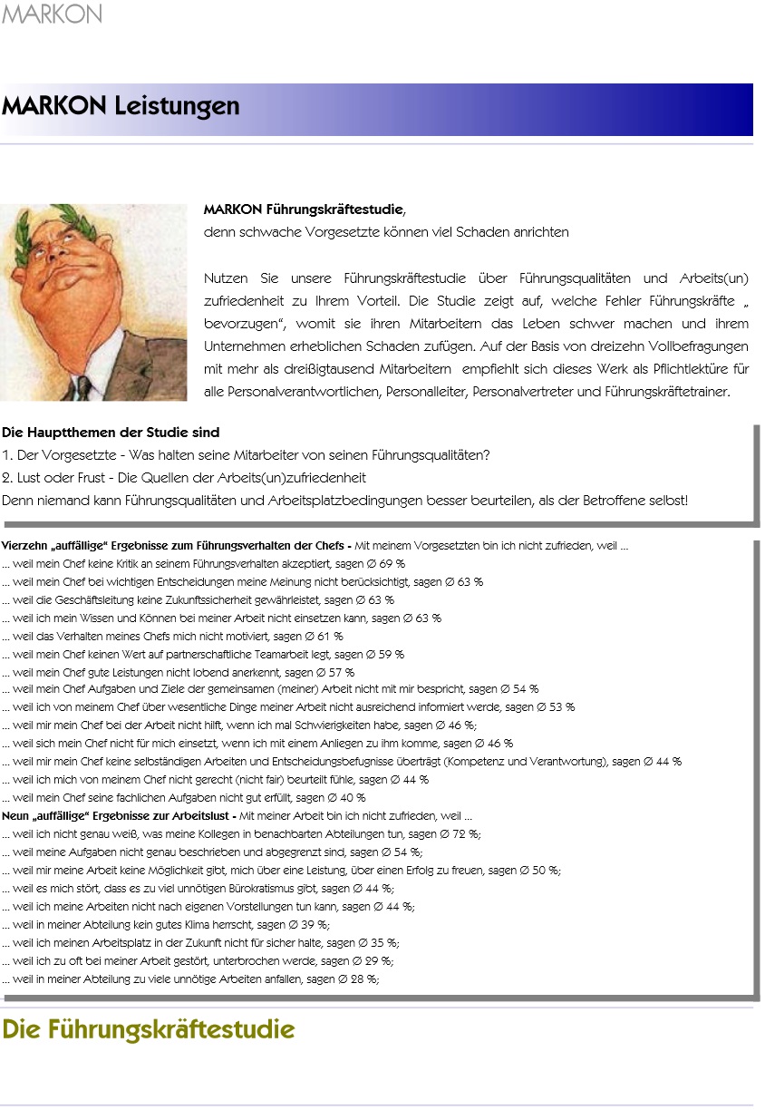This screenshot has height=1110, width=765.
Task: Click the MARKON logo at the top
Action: pyautogui.click(x=52, y=14)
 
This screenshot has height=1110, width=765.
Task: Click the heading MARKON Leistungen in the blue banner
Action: pyautogui.click(x=121, y=106)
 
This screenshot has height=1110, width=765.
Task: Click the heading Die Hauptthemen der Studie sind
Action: pyautogui.click(x=111, y=432)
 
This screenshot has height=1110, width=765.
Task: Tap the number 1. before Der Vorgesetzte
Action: pyautogui.click(x=7, y=454)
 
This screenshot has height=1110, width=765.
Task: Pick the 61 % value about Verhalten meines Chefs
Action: pyautogui.click(x=330, y=636)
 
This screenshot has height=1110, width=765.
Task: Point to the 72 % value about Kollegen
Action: pyautogui.click(x=462, y=833)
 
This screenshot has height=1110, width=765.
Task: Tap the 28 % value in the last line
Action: pyautogui.click(x=362, y=979)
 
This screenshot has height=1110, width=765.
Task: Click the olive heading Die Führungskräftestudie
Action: pyautogui.click(x=148, y=1030)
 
